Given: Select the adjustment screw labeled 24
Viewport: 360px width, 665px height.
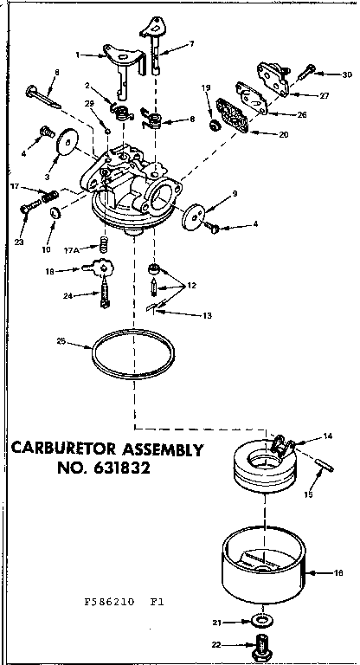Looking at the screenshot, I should coord(108,294).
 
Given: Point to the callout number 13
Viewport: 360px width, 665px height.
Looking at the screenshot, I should coord(207,316).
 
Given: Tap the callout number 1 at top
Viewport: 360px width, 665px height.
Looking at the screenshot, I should coord(77,54).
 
